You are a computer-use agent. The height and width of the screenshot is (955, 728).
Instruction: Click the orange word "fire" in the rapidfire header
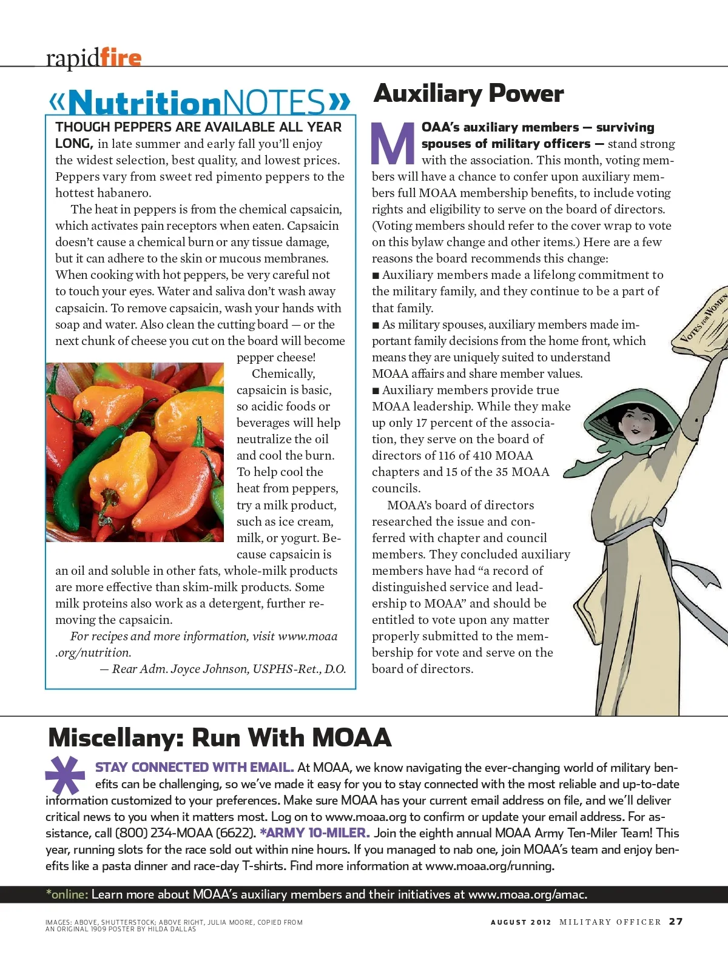[121, 58]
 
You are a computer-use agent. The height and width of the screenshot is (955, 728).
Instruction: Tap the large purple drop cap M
[393, 144]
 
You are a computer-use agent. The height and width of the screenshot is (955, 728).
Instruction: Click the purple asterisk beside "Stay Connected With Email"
[65, 776]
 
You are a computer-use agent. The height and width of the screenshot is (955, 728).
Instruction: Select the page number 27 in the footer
[676, 922]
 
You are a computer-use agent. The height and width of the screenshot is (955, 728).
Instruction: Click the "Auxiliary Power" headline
[469, 94]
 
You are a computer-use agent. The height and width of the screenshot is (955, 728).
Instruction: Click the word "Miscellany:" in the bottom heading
[116, 738]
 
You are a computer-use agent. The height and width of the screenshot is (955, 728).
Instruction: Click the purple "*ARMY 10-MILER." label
[314, 833]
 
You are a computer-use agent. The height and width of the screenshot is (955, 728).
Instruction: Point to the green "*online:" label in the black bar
[67, 894]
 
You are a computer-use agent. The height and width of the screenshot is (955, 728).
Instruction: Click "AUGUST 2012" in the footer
[521, 922]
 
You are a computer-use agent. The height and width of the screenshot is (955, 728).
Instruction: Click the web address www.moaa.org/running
[489, 866]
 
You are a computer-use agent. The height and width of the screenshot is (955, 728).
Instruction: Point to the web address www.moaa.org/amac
[527, 894]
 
